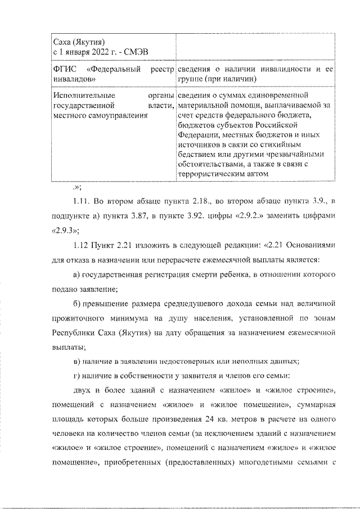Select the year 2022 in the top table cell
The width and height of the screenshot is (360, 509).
coord(89,52)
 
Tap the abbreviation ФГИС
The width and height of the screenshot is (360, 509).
coord(62,69)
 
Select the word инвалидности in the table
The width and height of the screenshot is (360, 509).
coord(288,69)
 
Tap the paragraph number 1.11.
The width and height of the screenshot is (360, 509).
coord(82,201)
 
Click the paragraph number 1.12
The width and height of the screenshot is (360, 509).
coord(82,245)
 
